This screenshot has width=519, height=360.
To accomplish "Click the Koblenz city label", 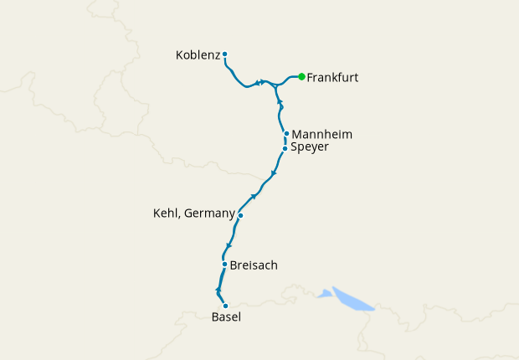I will [x=198, y=55].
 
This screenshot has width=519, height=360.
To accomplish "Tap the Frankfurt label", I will [x=332, y=77].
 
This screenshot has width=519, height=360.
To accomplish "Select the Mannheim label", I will [x=321, y=134].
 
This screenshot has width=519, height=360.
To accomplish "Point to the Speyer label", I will [x=310, y=148].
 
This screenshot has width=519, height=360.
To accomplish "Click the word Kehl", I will [x=166, y=213].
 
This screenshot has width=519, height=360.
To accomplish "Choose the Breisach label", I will [x=253, y=265].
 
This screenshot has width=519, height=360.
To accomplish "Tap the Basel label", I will [x=225, y=316].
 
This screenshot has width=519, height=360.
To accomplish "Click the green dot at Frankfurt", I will [x=301, y=77].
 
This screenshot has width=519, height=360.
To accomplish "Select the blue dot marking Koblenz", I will [x=225, y=55].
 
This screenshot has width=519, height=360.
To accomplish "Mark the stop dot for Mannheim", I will [x=286, y=134].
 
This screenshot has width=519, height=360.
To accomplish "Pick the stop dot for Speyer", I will [x=285, y=148].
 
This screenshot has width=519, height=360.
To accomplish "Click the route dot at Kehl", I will [x=240, y=215].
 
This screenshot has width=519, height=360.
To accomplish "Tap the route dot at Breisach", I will [x=224, y=265].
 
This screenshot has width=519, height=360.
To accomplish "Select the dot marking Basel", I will [x=225, y=306].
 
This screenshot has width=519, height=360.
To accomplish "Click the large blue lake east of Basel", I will [x=352, y=299].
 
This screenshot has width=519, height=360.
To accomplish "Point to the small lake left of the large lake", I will [x=324, y=293].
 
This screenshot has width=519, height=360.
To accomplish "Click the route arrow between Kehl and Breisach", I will [x=228, y=245].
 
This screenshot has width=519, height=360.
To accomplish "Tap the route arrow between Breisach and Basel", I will [x=218, y=290].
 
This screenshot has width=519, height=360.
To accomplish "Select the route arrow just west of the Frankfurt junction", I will [x=262, y=82].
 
